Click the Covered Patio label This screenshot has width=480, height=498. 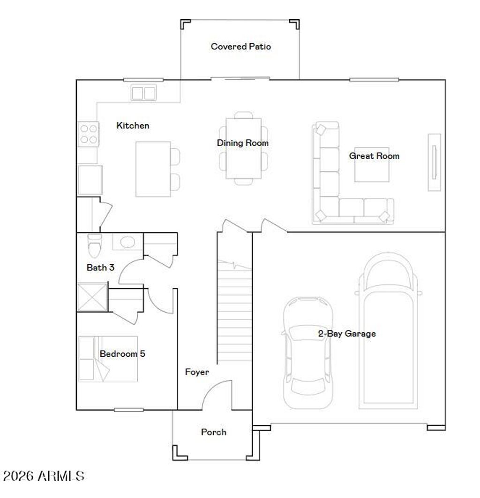point(240,46)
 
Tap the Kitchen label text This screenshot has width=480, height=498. point(133,125)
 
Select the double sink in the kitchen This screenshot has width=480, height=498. point(143,93)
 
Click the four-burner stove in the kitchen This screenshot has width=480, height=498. point(88,133)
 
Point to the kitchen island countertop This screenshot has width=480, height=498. point(153,169)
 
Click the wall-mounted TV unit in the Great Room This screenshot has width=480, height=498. point(434,162)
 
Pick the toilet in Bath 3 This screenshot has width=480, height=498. point(94,243)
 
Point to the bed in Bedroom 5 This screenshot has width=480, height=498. point(108,359)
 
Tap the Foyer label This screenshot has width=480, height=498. point(196,372)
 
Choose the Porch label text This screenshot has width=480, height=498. point(213,432)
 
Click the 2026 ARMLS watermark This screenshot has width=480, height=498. point(44,476)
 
